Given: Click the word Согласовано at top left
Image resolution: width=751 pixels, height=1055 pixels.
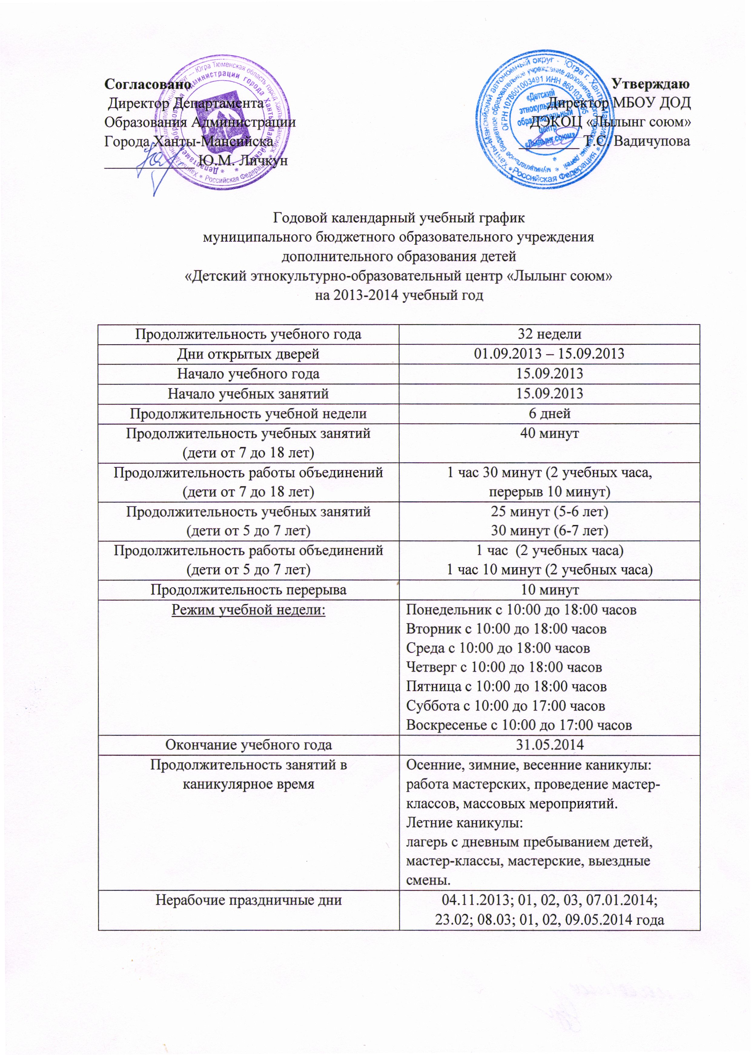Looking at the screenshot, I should pos(147,84).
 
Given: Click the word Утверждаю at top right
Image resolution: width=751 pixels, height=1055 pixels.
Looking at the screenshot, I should pos(650,84).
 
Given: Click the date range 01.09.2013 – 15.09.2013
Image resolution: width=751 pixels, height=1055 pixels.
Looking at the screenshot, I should pos(549,354).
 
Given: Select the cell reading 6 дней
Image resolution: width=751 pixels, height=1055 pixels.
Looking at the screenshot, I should pos(549,413).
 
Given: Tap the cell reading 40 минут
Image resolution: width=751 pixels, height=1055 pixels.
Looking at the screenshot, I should pos(549,433).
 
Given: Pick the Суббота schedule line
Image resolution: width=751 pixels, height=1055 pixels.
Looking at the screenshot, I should pos(505,706).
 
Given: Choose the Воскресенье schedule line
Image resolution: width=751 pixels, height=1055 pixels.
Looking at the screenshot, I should pos(518,725).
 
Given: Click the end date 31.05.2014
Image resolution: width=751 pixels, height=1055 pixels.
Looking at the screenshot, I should pos(549,745).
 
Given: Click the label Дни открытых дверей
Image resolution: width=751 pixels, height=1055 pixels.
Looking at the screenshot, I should pos(248,354).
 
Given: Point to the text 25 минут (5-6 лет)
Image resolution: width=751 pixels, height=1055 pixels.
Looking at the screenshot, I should pos(549,511).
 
